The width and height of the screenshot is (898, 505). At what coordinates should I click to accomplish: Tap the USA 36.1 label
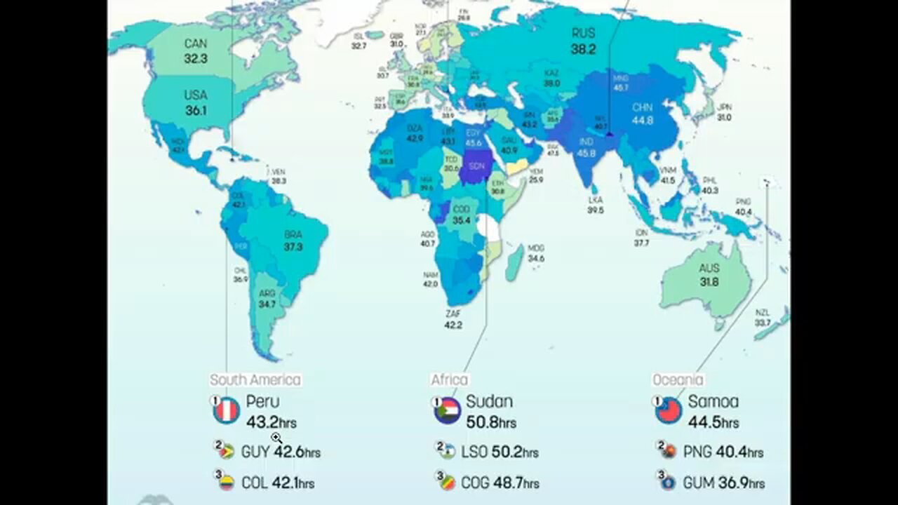pos(195,102)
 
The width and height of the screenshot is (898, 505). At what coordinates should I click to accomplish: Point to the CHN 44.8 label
pos(643,114)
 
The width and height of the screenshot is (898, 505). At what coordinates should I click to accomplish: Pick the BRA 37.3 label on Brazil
pos(293,241)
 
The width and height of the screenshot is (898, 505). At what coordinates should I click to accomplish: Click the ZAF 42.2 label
pos(453,319)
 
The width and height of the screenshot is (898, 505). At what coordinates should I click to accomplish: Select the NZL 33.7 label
pos(763,317)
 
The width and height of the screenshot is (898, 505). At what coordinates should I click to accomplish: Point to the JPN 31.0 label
pos(725,112)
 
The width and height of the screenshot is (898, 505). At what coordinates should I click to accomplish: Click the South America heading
pos(255,380)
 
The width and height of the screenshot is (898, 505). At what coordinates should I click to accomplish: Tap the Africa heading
pos(449,380)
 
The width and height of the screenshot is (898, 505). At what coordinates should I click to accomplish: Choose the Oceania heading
pos(678,380)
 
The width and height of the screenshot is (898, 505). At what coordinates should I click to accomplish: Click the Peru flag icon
pos(227,411)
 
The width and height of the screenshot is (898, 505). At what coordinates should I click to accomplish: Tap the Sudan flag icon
pos(448,411)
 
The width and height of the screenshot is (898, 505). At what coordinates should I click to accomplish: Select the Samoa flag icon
pos(669,411)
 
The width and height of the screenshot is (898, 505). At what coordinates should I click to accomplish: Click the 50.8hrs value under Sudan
pos(491,422)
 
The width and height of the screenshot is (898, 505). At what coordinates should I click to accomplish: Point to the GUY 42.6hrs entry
pos(281,452)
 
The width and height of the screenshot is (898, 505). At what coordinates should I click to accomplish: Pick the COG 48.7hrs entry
pos(500,483)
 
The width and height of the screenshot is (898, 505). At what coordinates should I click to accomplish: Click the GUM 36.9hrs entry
pos(723,483)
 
